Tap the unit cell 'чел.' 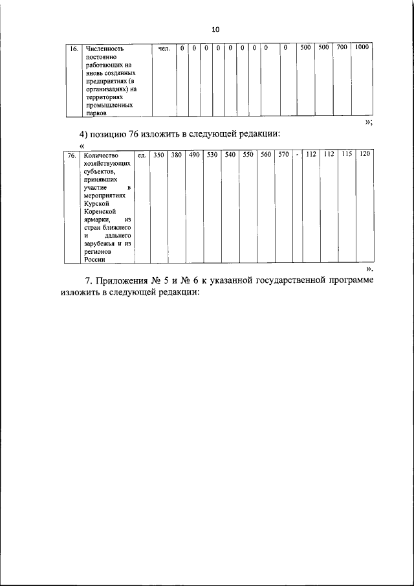[x=164, y=49]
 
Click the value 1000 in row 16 [x=362, y=48]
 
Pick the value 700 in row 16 [x=342, y=48]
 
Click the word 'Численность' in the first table [x=107, y=49]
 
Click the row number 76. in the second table [x=72, y=156]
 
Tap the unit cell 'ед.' [x=141, y=156]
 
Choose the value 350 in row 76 [x=158, y=156]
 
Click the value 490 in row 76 [x=194, y=156]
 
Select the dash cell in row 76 [x=297, y=156]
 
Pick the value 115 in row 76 [x=347, y=156]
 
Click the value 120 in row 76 [x=365, y=156]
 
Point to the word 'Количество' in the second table [x=102, y=156]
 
